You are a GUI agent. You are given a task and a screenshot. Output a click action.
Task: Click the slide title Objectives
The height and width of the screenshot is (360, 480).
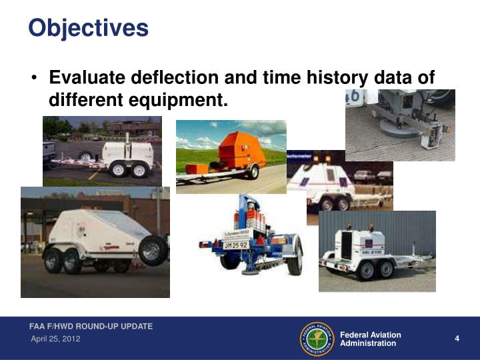pyautogui.click(x=88, y=28)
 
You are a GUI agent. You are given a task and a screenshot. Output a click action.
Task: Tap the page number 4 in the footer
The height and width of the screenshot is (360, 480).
pyautogui.click(x=457, y=339)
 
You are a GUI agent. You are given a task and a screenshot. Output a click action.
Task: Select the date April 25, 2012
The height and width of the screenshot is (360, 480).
pyautogui.click(x=57, y=340)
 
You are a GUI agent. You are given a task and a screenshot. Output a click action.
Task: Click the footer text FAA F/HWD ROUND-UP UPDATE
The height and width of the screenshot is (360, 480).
pyautogui.click(x=91, y=327)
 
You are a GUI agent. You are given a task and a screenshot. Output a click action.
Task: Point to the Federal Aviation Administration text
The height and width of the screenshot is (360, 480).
pyautogui.click(x=370, y=339)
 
